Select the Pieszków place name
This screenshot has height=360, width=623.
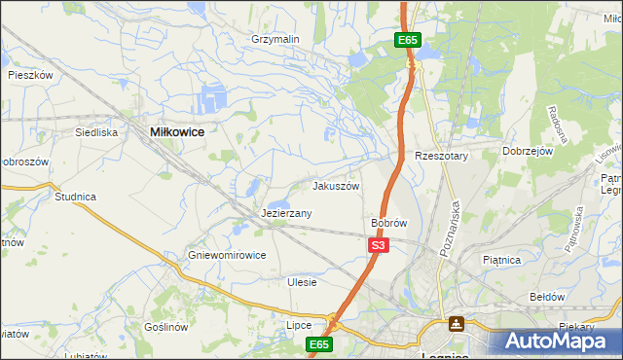click(29, 74)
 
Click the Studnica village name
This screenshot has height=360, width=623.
click(75, 197)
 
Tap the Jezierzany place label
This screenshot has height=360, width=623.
click(286, 213)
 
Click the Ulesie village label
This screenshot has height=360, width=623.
click(302, 282)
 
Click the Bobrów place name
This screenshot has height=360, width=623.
click(388, 223)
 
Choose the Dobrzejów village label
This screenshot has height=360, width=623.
click(528, 152)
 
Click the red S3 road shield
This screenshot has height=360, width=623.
click(380, 246)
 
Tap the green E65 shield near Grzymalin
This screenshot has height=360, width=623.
click(408, 40)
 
